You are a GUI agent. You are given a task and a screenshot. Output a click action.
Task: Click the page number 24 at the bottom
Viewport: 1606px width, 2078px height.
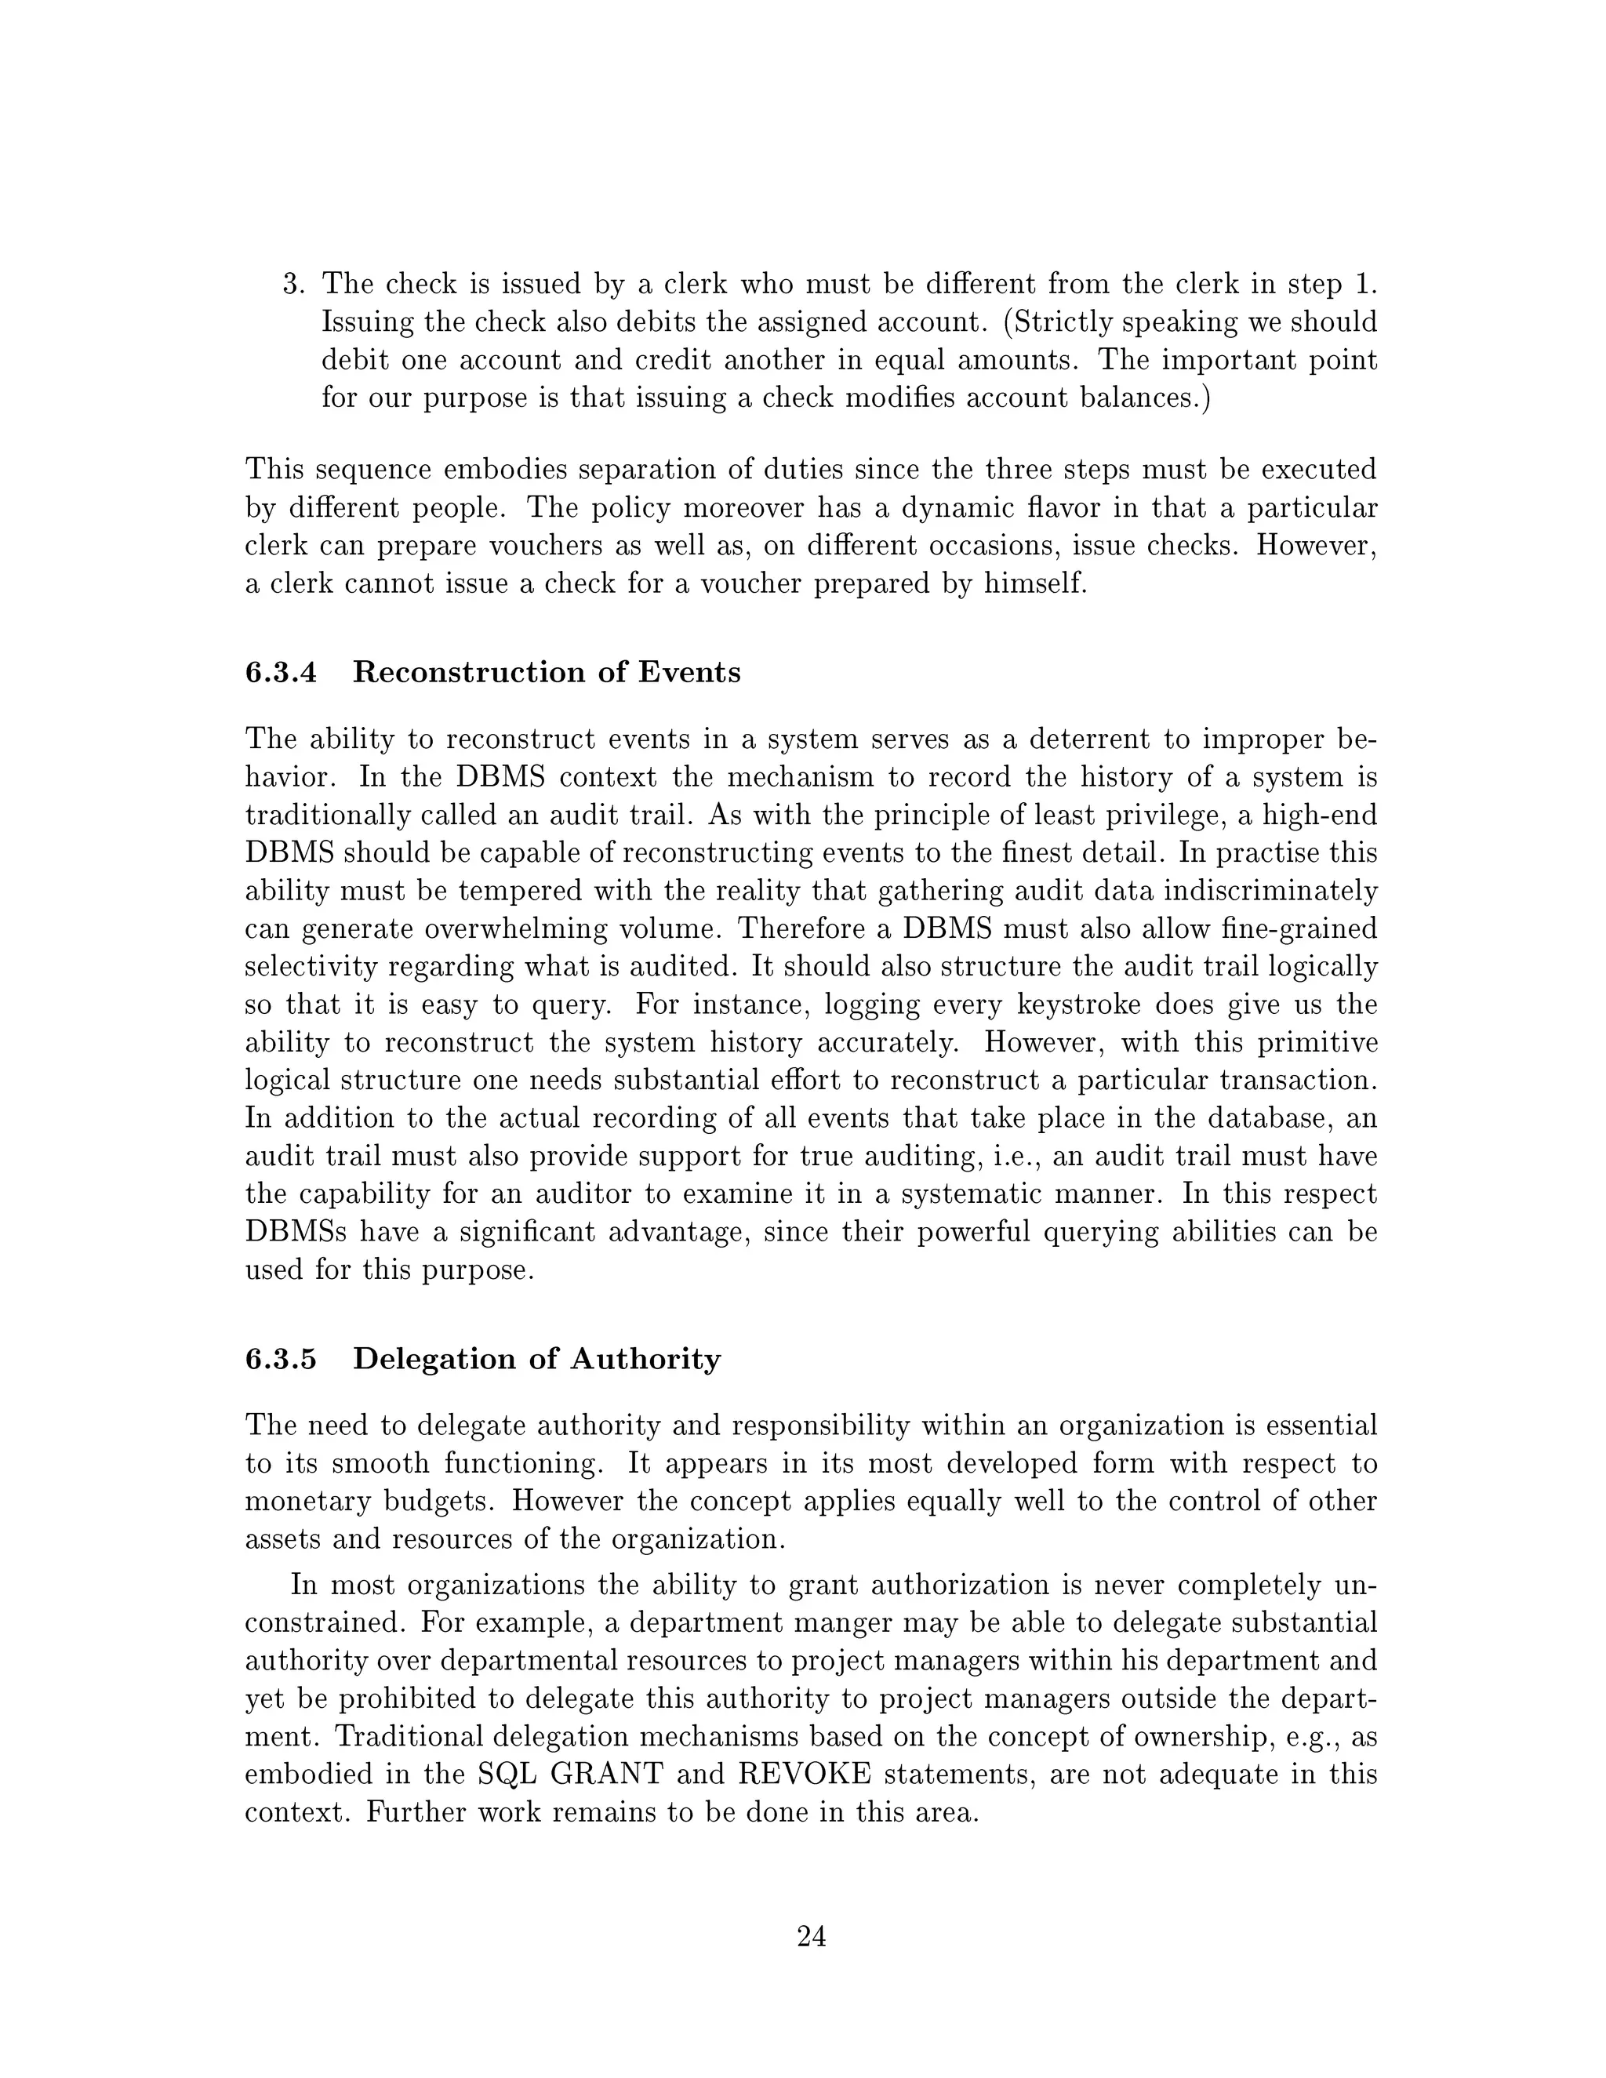[x=811, y=1936]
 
